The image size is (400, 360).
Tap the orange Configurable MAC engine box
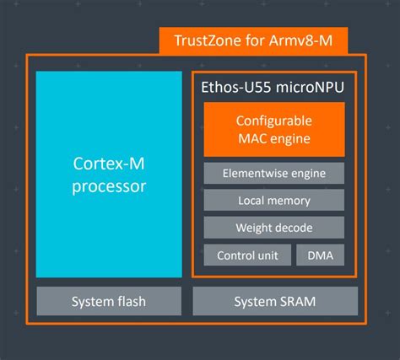tap(273, 129)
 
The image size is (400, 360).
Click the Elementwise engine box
tap(273, 174)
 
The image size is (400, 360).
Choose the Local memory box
tap(273, 201)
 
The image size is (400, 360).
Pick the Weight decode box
tap(273, 228)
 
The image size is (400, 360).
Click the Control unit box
tap(247, 255)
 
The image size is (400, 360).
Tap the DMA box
tap(320, 255)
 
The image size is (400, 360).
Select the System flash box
tap(109, 301)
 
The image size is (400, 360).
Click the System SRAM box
tap(275, 301)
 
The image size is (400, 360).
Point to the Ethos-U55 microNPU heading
tap(273, 87)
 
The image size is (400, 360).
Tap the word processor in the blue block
tap(109, 186)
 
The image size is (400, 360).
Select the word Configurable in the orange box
tap(273, 120)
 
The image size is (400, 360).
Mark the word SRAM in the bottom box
tap(300, 301)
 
